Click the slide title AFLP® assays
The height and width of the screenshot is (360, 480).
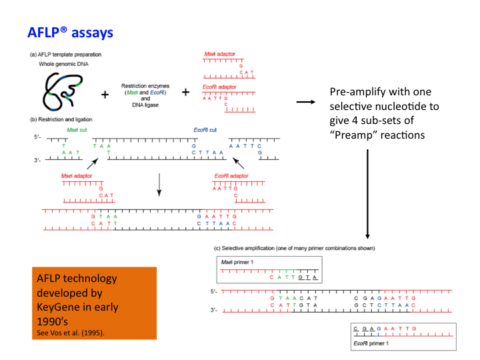coord(70,32)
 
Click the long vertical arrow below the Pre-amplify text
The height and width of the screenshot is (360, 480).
coord(367,193)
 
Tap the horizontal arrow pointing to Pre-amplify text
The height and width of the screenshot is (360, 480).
coord(305,101)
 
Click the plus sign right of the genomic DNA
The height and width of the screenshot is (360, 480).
coord(105,95)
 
